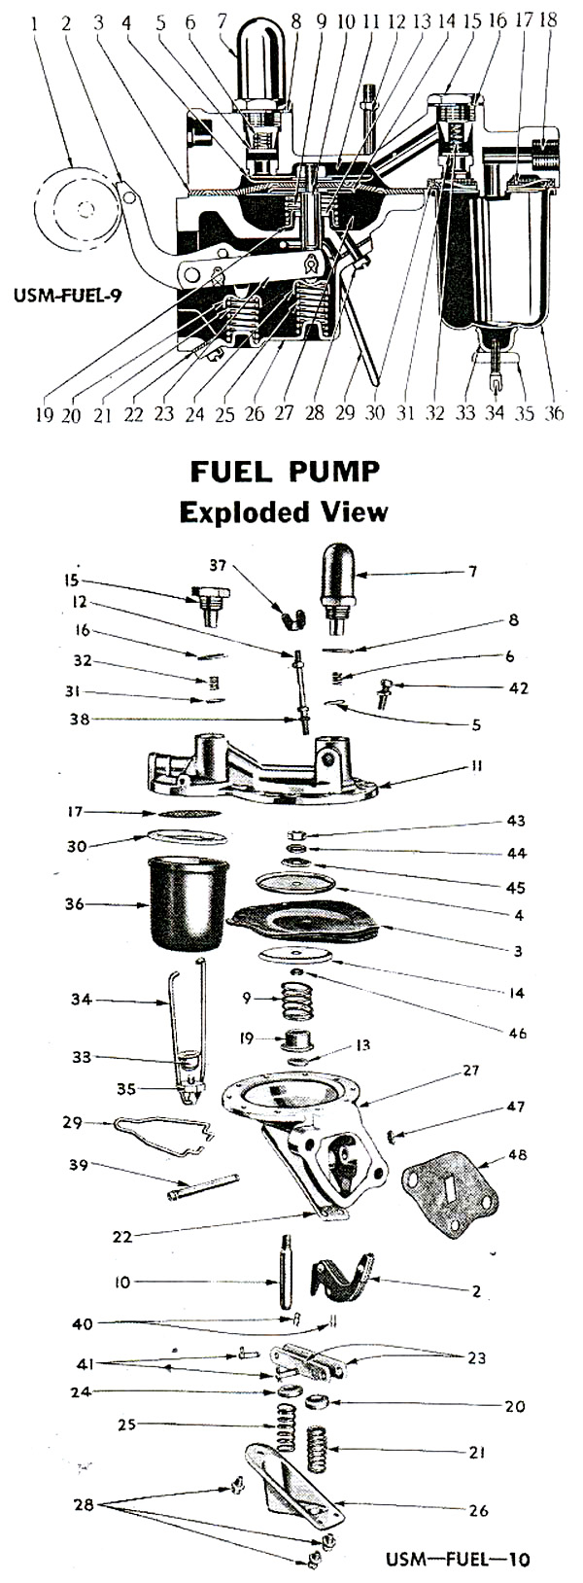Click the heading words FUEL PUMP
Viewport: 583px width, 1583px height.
284,472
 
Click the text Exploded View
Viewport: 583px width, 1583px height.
284,511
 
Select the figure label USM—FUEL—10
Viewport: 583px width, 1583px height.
458,1559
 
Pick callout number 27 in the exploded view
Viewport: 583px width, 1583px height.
471,1071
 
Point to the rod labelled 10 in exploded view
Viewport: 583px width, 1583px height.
287,1283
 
